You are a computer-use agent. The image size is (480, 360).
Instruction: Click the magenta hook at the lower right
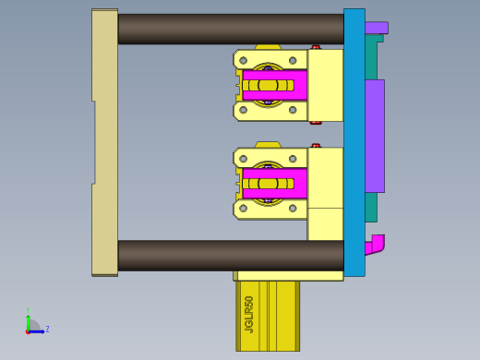pyautogui.click(x=375, y=245)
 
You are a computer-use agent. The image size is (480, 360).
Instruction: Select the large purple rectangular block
pyautogui.click(x=374, y=136)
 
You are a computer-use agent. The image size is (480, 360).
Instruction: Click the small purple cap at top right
pyautogui.click(x=376, y=28)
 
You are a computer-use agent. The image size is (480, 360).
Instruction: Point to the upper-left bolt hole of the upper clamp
pyautogui.click(x=243, y=61)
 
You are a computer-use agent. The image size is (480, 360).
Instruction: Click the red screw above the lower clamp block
pyautogui.click(x=316, y=146)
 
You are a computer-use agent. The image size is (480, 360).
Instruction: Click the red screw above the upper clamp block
pyautogui.click(x=316, y=47)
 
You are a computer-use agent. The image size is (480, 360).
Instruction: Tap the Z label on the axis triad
pyautogui.click(x=47, y=329)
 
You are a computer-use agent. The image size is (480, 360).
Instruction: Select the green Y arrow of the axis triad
pyautogui.click(x=29, y=318)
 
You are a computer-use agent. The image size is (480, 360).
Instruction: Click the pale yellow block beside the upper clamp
pyautogui.click(x=325, y=85)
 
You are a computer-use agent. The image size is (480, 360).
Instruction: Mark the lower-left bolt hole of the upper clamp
pyautogui.click(x=243, y=110)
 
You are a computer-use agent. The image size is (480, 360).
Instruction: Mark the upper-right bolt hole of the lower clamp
pyautogui.click(x=293, y=159)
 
